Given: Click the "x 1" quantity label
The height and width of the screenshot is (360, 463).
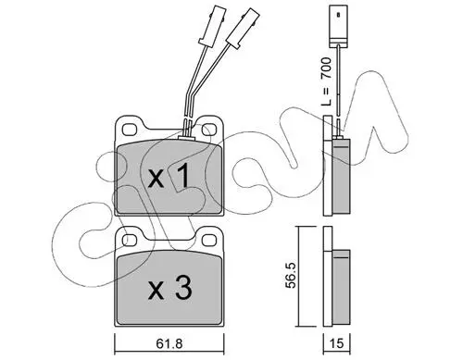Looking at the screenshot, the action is tap(169, 176).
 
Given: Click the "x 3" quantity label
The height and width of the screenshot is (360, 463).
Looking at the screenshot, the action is tap(169, 288).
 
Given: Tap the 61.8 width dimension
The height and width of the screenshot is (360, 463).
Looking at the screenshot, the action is tap(169, 343).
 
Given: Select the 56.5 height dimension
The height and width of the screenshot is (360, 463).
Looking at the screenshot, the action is tap(291, 275).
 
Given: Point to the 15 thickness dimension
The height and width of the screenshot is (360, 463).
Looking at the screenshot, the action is tap(336, 343).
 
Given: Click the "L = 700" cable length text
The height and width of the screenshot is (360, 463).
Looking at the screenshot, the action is tap(326, 81).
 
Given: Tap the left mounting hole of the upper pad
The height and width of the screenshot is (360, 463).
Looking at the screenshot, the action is tap(130, 130).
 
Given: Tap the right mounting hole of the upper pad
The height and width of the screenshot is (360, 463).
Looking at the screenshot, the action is tap(209, 130).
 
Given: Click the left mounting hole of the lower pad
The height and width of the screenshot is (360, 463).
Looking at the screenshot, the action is tap(130, 241).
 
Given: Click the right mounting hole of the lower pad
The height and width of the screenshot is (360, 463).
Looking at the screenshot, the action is tap(209, 241).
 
